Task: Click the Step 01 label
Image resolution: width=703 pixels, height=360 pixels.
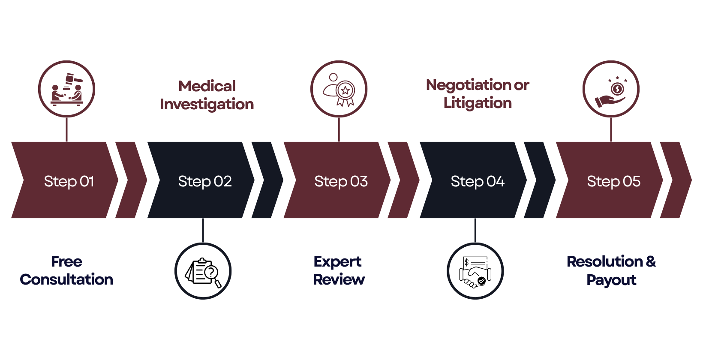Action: (69, 181)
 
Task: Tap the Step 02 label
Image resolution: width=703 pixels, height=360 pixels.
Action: (205, 181)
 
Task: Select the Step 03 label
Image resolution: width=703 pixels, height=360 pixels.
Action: (341, 181)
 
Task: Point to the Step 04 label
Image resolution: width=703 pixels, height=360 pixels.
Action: (478, 181)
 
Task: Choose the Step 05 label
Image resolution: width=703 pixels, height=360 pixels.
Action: (613, 181)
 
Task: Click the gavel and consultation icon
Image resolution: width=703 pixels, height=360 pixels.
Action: (66, 89)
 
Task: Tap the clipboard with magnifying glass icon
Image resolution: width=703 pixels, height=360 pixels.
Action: (203, 271)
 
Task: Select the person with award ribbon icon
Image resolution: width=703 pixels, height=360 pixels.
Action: (339, 89)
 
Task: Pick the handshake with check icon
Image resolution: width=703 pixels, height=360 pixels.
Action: (475, 271)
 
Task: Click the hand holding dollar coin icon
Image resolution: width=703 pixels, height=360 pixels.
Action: (611, 89)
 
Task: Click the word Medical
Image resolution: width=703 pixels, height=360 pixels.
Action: (207, 86)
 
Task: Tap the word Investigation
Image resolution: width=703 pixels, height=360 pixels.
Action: (207, 104)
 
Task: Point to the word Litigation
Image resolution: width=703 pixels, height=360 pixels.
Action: (478, 103)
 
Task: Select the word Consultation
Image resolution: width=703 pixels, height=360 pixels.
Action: (66, 279)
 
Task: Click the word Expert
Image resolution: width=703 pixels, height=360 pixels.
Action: (337, 261)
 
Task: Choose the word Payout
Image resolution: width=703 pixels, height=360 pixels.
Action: (611, 280)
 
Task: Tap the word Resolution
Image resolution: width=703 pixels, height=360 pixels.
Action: (604, 261)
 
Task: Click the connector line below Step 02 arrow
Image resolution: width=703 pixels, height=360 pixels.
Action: (203, 230)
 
